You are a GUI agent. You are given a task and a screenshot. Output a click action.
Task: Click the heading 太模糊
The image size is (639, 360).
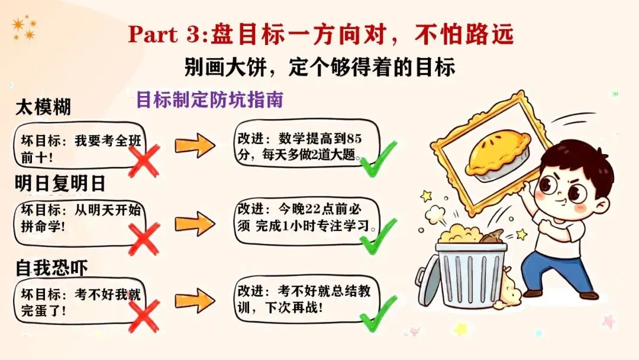[43, 108]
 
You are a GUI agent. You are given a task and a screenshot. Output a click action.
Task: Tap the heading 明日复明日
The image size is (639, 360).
[60, 184]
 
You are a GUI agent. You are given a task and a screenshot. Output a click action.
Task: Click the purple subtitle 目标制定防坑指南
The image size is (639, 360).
[210, 99]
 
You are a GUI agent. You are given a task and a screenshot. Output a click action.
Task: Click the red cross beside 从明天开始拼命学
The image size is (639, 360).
[144, 239]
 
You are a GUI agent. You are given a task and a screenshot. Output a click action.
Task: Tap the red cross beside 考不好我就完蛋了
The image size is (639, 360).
[144, 315]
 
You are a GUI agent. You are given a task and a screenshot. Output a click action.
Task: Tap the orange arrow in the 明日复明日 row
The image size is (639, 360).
[194, 223]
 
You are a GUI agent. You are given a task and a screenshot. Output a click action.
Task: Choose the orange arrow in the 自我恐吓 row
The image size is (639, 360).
[194, 301]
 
